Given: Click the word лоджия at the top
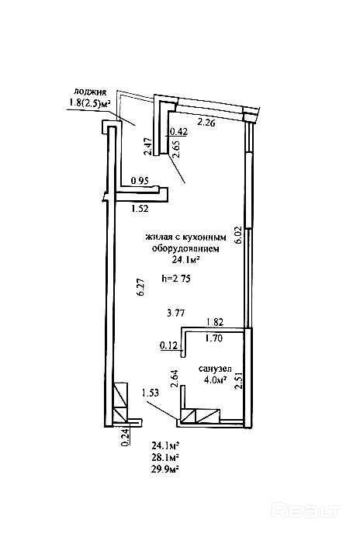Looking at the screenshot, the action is [91, 92].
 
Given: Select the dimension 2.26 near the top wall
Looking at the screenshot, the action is [206, 123].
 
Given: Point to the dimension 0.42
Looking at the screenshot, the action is [178, 131].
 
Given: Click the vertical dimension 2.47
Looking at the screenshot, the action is [148, 146].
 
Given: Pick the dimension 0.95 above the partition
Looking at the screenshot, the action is [140, 181].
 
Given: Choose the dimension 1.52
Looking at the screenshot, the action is [140, 208].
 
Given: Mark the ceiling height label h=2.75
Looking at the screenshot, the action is [176, 279].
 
